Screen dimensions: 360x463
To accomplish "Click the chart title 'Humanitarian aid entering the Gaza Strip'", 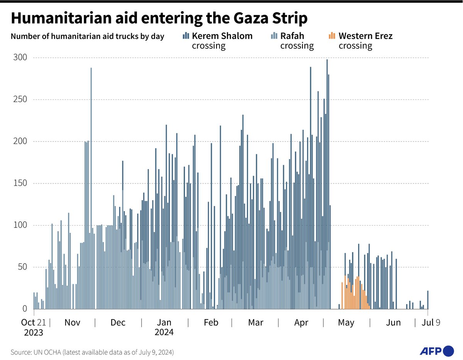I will [159, 18].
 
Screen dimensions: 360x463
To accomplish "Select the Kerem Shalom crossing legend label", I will [222, 40].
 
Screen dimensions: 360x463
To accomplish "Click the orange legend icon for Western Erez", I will [331, 36].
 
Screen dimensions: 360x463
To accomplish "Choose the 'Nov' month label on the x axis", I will [72, 323].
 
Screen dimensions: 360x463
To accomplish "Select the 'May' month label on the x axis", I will [346, 323].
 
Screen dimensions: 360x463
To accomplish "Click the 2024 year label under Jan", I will [164, 332].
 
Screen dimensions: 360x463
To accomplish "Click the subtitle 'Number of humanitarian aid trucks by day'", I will [88, 37].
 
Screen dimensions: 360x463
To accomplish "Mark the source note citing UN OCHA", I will [92, 352].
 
